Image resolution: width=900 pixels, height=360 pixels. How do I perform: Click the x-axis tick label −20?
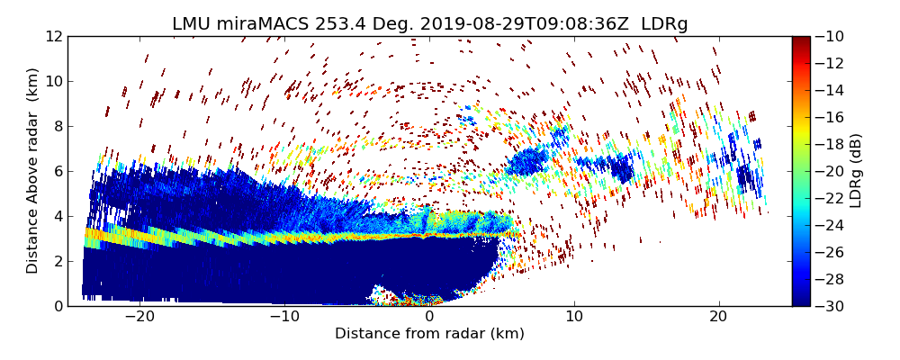(139, 317)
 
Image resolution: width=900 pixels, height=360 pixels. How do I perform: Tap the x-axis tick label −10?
(284, 317)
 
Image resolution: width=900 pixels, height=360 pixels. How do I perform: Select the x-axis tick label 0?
(429, 317)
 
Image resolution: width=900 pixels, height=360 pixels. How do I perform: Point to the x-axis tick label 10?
(574, 317)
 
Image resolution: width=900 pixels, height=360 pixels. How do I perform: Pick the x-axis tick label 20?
(718, 317)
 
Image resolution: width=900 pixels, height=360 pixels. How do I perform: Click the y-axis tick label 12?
(54, 36)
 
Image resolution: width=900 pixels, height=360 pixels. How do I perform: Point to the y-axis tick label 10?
(54, 81)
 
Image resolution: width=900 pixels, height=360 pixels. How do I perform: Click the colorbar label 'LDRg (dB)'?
(856, 171)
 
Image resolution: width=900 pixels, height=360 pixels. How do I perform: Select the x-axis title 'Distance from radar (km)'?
(429, 334)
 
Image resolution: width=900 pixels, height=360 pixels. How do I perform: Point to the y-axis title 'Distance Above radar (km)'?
(32, 171)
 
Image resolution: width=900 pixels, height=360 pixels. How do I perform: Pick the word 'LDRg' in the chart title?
(664, 24)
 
